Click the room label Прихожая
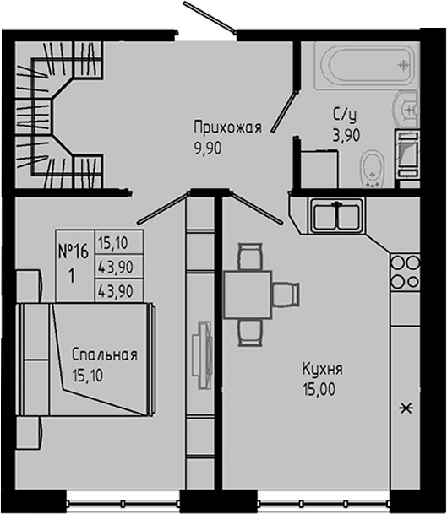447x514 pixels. (227, 127)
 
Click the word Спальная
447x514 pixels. (104, 354)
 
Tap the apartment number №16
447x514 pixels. (74, 251)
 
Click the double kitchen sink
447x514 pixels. (335, 214)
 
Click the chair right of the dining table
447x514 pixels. (286, 293)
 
